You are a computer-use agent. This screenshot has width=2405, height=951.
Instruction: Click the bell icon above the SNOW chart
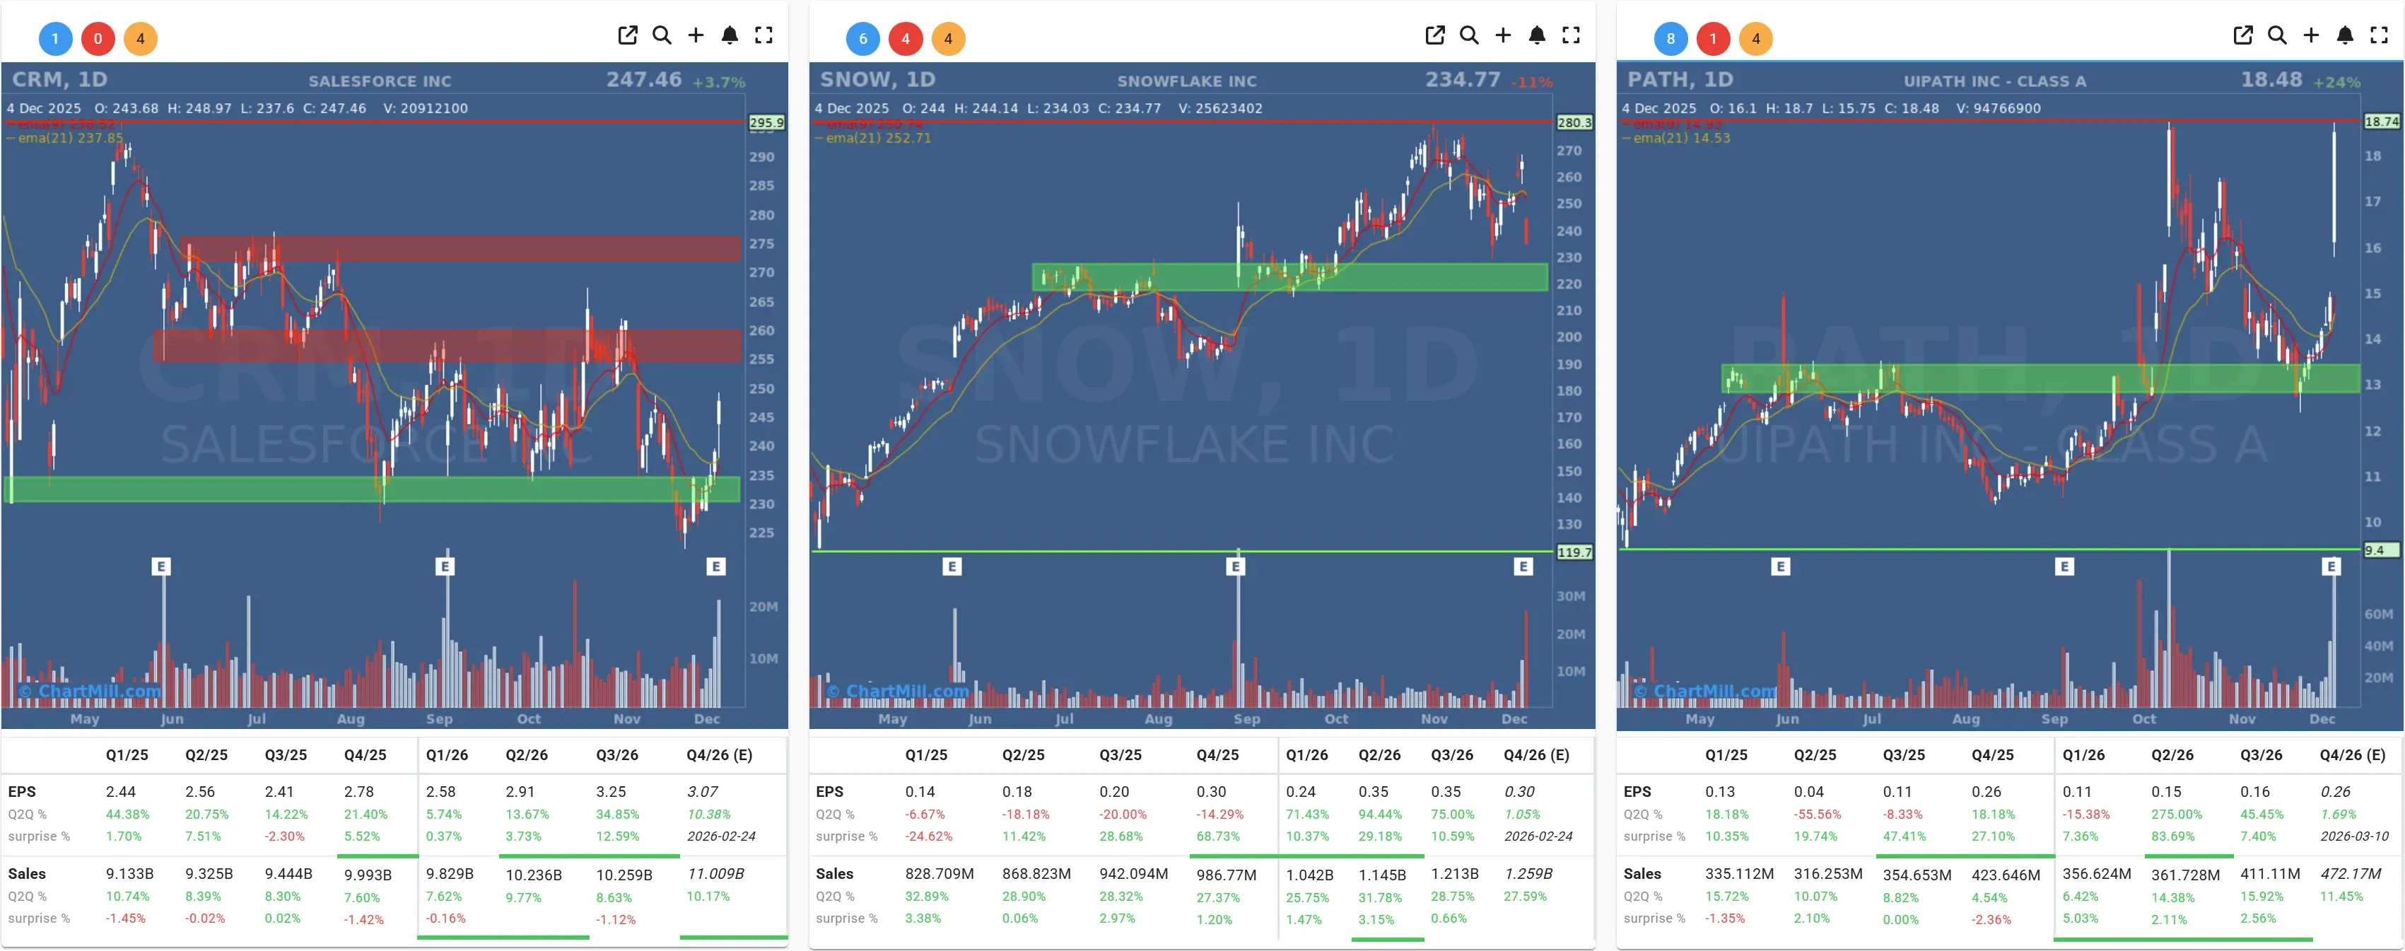[1537, 35]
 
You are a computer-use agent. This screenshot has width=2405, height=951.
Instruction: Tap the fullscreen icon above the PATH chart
[2379, 35]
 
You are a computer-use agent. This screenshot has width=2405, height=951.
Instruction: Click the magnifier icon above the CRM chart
[662, 35]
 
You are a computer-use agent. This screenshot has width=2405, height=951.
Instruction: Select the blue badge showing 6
[862, 38]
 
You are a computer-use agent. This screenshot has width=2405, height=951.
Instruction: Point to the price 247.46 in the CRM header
[643, 79]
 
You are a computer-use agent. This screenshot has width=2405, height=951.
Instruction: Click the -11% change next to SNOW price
[1532, 82]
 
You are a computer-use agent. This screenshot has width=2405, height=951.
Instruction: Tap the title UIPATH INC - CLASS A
[1994, 81]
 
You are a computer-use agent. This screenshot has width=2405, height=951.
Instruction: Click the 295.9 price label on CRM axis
[766, 122]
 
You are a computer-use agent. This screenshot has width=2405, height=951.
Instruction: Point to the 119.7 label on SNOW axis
[1574, 552]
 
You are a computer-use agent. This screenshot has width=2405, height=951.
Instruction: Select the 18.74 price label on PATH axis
[2381, 122]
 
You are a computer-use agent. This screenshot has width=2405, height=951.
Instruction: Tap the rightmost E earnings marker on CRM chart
[716, 566]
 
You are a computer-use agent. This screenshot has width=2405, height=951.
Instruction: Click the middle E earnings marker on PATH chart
[2064, 566]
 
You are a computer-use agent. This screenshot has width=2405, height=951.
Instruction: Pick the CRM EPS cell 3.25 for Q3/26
[611, 791]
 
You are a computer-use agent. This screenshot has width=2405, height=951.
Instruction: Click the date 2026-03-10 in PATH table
[2353, 836]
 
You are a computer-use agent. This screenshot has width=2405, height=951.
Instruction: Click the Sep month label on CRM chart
[439, 718]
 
